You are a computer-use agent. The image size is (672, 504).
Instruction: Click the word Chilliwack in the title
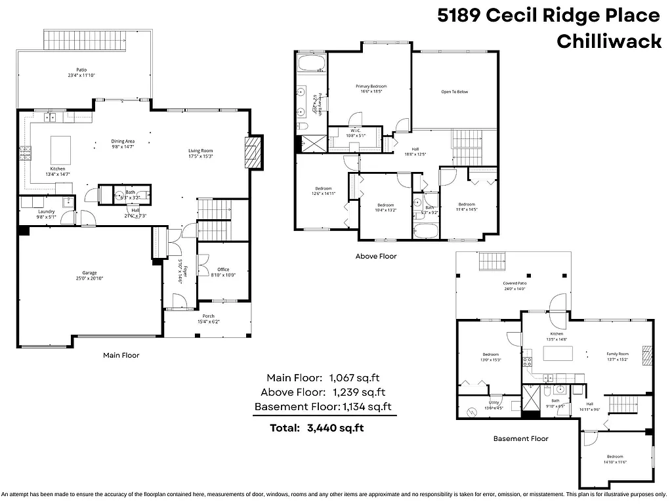click(x=608, y=41)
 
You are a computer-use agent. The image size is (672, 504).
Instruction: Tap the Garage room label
click(x=89, y=273)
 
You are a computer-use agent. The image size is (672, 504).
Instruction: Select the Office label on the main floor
click(x=223, y=269)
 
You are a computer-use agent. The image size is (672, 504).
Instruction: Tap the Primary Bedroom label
click(x=371, y=87)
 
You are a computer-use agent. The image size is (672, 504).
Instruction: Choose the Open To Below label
click(x=454, y=92)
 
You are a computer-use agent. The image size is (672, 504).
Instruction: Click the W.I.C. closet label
click(x=355, y=131)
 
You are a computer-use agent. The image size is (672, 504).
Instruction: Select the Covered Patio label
click(x=514, y=283)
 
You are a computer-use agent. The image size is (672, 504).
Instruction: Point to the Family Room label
click(x=617, y=354)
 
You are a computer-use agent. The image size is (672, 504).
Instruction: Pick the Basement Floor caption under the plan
click(x=520, y=438)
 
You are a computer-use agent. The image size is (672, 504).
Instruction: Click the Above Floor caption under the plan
click(x=375, y=256)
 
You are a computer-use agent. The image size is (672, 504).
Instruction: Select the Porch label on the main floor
click(x=207, y=316)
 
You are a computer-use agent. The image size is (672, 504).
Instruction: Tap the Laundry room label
click(x=46, y=211)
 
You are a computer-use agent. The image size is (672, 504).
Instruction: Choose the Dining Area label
click(x=123, y=141)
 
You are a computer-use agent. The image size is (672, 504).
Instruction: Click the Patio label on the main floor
click(x=81, y=69)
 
